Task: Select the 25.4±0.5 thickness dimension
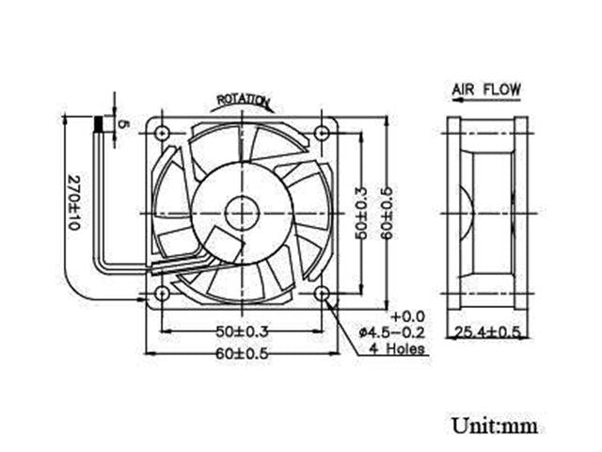click(487, 331)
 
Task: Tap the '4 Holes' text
click(399, 348)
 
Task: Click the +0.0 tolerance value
click(408, 315)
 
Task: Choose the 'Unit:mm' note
click(494, 426)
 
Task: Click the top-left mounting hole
click(162, 134)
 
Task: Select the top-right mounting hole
click(323, 134)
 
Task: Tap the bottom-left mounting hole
click(162, 295)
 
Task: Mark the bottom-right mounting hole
click(323, 295)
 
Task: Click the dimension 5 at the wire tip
click(121, 124)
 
